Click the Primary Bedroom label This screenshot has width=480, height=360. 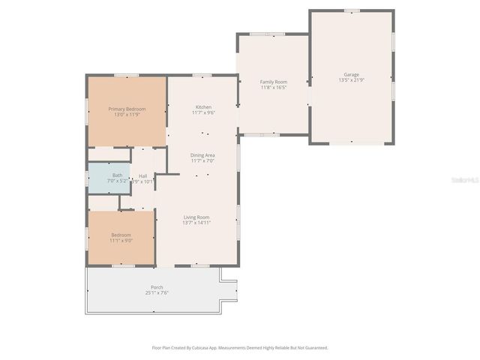[126, 109]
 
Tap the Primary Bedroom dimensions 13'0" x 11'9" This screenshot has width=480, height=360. [126, 114]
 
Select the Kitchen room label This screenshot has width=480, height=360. [203, 107]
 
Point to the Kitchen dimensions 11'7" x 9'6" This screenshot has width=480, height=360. [203, 113]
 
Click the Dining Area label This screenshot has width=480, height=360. [202, 154]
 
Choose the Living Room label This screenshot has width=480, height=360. [196, 217]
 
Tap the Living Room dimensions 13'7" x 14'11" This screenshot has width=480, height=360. [196, 223]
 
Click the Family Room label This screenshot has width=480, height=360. [273, 81]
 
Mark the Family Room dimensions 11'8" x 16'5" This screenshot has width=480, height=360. [273, 87]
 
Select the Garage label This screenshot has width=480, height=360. [351, 74]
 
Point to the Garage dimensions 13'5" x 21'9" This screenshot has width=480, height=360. [351, 80]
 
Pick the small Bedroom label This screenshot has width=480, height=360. [121, 235]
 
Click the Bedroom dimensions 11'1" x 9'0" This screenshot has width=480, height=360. [121, 241]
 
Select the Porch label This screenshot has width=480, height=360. [157, 287]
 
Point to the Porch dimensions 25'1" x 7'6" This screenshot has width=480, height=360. [157, 293]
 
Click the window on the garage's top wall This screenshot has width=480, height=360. [351, 10]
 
